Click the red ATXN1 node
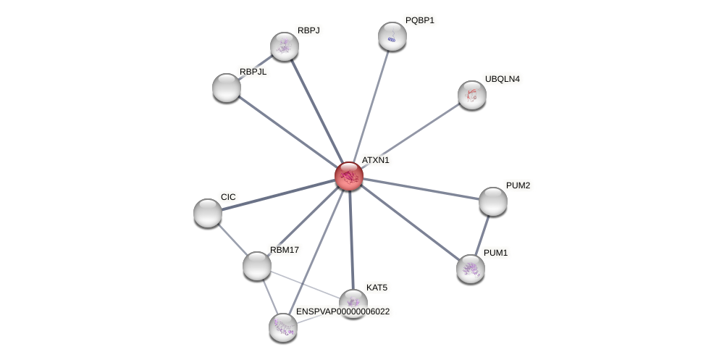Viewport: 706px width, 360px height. tap(348, 176)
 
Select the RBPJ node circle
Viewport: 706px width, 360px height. tap(285, 46)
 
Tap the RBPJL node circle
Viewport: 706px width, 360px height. tap(227, 88)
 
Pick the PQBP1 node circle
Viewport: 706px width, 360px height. tap(392, 36)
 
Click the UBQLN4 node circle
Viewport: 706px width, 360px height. tap(472, 95)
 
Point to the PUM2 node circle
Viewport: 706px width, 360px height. tap(493, 201)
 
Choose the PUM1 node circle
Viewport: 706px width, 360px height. tap(471, 269)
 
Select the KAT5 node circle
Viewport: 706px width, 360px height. tap(353, 304)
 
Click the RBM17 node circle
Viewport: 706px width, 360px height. tap(257, 266)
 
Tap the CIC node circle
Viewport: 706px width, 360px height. tap(208, 213)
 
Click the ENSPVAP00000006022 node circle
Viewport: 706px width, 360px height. tap(283, 327)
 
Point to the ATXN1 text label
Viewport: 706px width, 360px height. tap(376, 160)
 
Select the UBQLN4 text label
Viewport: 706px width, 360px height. tap(503, 79)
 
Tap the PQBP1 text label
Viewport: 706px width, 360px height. tap(420, 20)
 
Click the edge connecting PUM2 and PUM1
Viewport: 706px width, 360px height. tap(482, 235)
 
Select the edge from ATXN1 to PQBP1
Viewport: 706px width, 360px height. tap(371, 105)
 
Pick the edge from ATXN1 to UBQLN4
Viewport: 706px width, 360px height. tap(411, 135)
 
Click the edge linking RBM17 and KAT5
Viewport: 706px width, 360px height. tap(304, 284)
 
